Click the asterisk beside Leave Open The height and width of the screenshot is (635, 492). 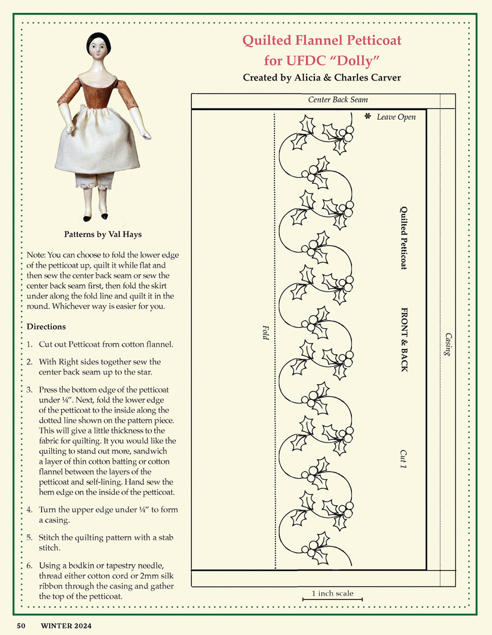[x=368, y=116]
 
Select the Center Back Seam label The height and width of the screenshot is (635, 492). [x=338, y=100]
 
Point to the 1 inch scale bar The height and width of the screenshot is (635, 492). [x=332, y=600]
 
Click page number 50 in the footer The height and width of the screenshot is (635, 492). [x=21, y=625]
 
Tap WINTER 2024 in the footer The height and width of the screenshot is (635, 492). [x=66, y=625]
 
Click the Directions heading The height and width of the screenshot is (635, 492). [x=46, y=327]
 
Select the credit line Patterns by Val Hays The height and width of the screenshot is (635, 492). [x=103, y=236]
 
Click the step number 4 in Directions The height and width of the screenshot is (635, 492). [x=29, y=510]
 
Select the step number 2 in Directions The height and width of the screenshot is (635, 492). [x=29, y=362]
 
